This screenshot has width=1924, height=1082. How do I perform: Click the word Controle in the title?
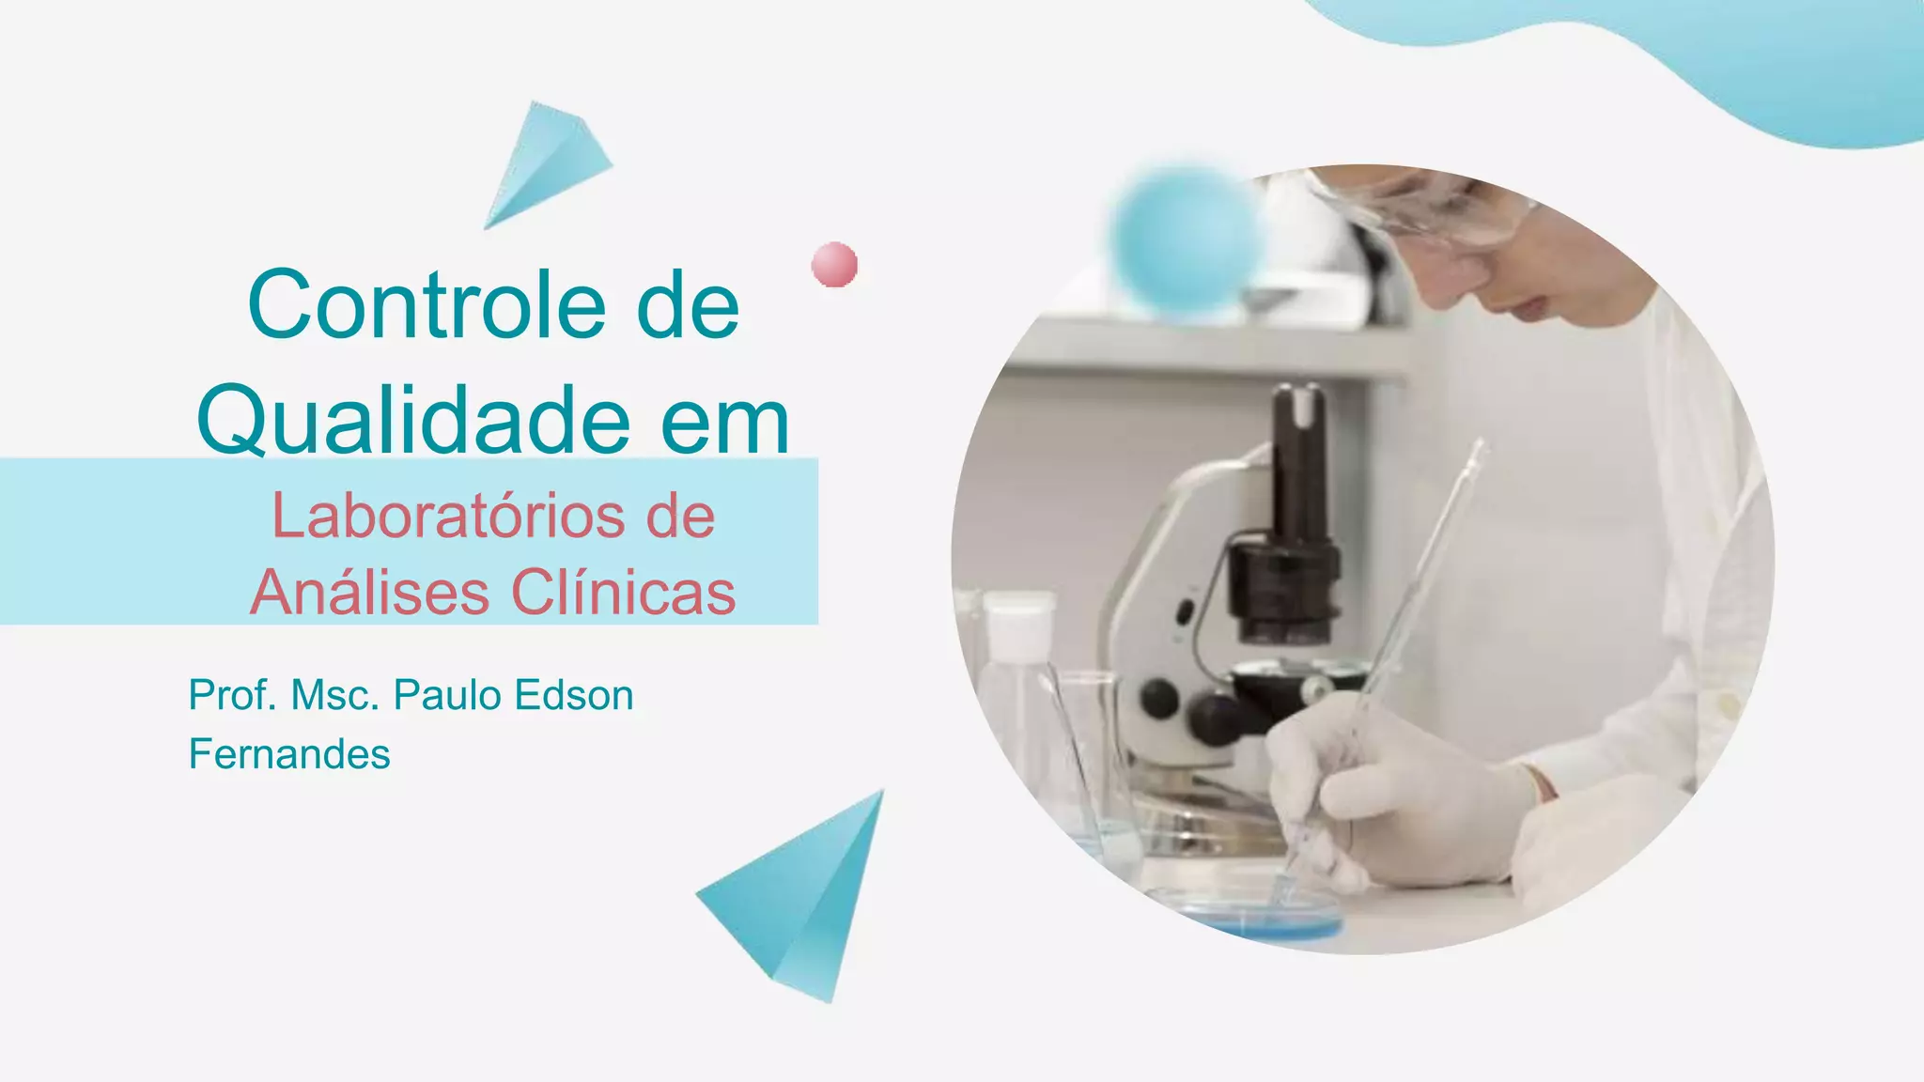(427, 304)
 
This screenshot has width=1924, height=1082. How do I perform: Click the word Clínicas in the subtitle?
(624, 592)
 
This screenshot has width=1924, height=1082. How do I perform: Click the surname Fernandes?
(289, 754)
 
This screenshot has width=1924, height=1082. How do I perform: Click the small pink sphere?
(834, 264)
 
